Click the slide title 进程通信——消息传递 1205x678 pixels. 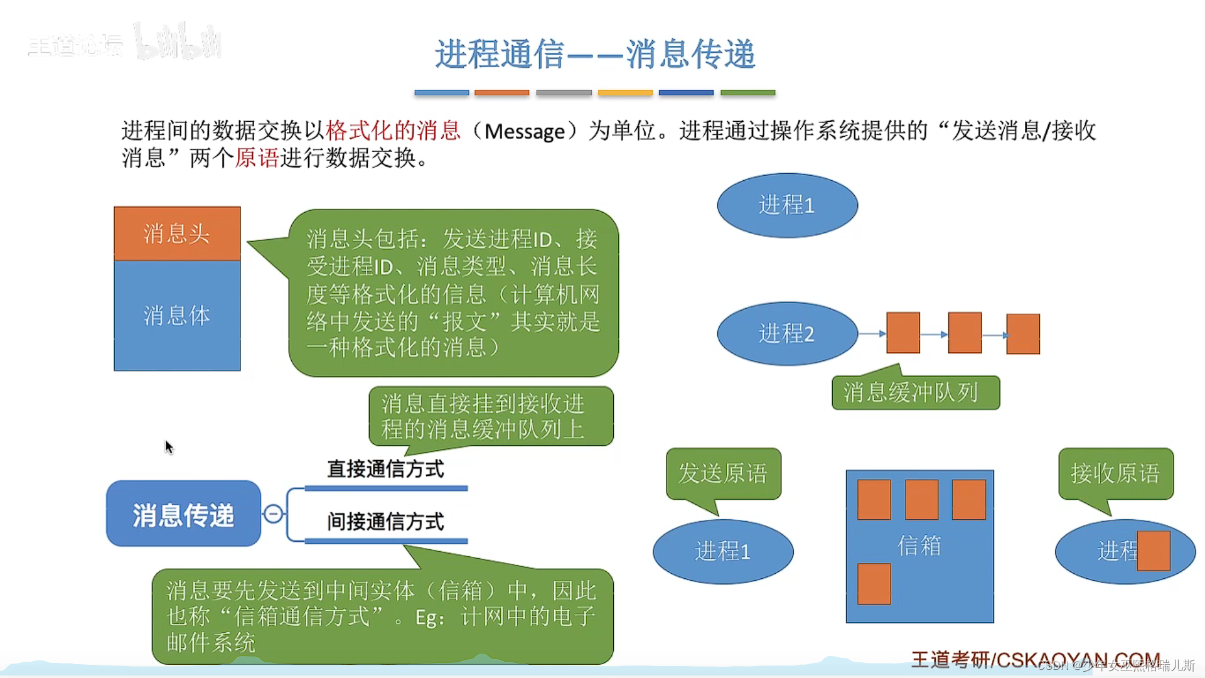(595, 54)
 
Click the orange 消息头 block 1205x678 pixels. (177, 234)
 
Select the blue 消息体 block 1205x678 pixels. (177, 315)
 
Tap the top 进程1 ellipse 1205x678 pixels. (787, 205)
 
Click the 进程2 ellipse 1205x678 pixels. (787, 333)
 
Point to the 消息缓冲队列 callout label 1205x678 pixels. (915, 393)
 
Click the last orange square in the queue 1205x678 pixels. (1023, 334)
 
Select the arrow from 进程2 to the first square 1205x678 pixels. (872, 333)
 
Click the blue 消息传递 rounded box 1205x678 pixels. (183, 514)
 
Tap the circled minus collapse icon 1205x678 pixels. (274, 514)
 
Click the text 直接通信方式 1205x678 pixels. (385, 469)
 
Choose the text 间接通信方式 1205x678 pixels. (385, 522)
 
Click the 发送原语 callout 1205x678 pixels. (723, 473)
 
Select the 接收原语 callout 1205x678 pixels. (1115, 473)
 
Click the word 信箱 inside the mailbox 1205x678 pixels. (919, 546)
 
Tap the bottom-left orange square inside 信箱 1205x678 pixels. (874, 584)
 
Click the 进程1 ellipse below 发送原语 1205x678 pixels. (723, 551)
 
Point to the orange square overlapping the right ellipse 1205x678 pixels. (1154, 551)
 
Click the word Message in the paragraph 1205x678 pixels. (525, 131)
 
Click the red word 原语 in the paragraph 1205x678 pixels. (257, 158)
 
